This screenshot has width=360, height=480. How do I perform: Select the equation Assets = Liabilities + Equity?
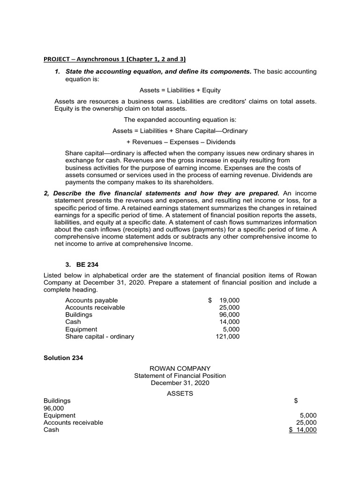pos(180,90)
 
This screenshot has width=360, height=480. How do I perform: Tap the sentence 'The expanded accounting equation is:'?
pos(180,120)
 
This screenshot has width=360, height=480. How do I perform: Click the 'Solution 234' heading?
pos(63,358)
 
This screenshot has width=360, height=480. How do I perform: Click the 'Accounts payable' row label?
pos(91,300)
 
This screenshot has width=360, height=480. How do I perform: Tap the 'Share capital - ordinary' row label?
pos(99,336)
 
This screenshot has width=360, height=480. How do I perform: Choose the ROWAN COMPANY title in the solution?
pos(180,368)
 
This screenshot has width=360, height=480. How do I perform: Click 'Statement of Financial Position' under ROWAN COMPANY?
pos(180,375)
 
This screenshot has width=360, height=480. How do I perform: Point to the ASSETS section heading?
pos(180,393)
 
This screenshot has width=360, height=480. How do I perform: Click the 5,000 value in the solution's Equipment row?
pos(308,415)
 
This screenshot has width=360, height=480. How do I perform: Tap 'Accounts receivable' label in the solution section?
pos(73,422)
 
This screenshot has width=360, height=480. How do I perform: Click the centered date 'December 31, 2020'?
pos(180,382)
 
